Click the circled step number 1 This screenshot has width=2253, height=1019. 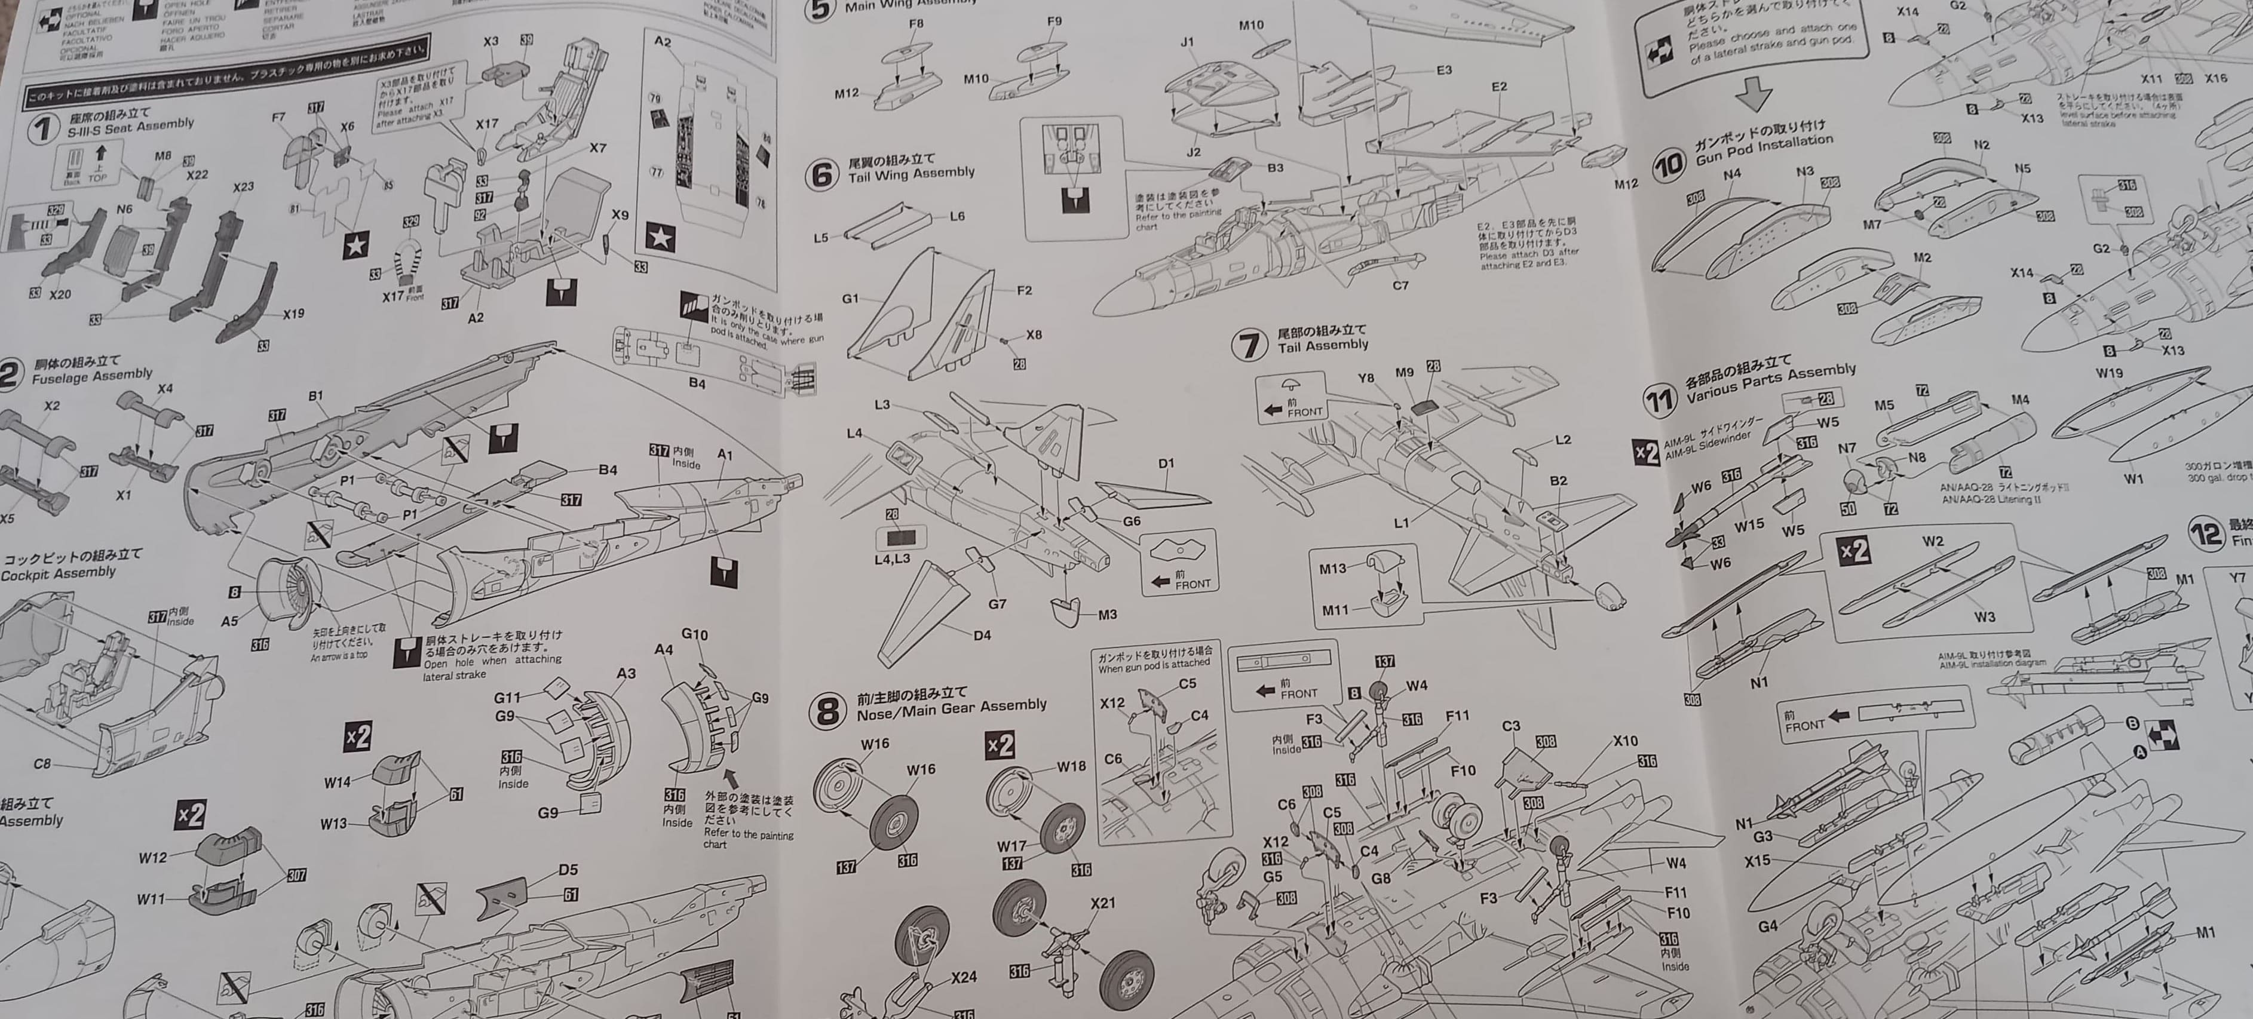42,130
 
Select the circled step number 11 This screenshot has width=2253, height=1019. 1659,400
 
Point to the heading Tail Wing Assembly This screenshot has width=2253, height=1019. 911,174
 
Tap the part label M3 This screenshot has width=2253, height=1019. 1107,615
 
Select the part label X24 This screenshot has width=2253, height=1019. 963,977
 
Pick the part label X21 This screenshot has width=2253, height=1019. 1103,902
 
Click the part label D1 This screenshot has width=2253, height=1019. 1166,464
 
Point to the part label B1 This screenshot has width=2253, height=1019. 315,396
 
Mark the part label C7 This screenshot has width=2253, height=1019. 1400,285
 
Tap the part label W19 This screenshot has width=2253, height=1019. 2108,373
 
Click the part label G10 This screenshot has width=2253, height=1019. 694,634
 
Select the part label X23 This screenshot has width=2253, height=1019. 243,187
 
